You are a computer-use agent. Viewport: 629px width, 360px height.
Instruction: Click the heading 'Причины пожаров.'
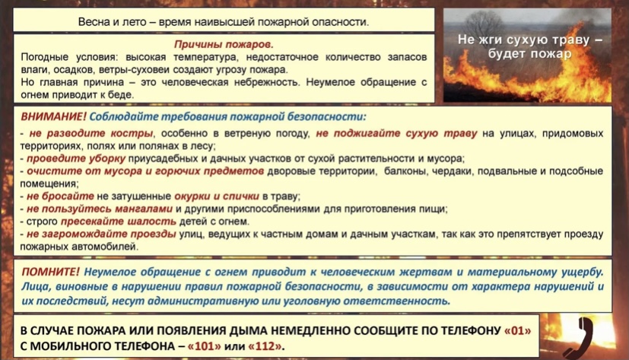[224, 44]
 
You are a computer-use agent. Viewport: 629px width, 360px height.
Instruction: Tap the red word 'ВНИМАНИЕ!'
[53, 116]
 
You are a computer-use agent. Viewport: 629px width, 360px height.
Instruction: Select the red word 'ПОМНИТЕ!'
[50, 272]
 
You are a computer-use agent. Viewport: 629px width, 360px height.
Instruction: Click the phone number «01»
[517, 330]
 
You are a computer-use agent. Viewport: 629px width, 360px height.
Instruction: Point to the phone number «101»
[204, 346]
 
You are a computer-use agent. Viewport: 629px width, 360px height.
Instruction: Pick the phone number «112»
[265, 346]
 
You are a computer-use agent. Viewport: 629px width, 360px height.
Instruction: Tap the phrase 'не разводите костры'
[91, 133]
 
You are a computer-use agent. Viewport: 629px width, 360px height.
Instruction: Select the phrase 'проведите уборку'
[76, 158]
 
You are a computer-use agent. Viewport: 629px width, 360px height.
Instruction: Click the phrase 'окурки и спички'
[217, 196]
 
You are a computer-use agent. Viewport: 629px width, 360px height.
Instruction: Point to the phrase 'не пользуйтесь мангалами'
[100, 209]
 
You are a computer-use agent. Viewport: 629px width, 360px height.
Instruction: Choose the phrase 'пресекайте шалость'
[119, 221]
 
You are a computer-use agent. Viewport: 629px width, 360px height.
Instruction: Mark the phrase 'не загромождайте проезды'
[101, 234]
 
